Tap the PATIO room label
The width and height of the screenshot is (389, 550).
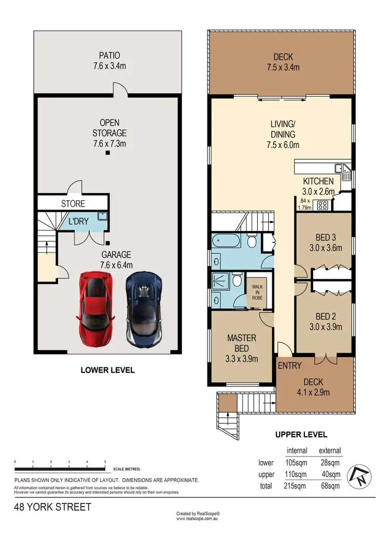point(109,55)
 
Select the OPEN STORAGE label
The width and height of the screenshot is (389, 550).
point(109,128)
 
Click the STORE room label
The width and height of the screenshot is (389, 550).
point(73,204)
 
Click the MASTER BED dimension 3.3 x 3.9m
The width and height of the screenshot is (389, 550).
point(242,359)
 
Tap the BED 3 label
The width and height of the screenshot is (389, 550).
point(322,238)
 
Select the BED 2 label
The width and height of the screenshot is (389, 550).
point(322,315)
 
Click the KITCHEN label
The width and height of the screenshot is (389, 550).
point(318,181)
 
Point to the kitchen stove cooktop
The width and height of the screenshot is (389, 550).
point(322,204)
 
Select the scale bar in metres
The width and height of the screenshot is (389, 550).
point(61,470)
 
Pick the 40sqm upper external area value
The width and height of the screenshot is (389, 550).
point(330,474)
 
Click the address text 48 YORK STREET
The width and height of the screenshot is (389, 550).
point(52,507)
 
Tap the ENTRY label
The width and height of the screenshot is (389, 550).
point(289,365)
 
